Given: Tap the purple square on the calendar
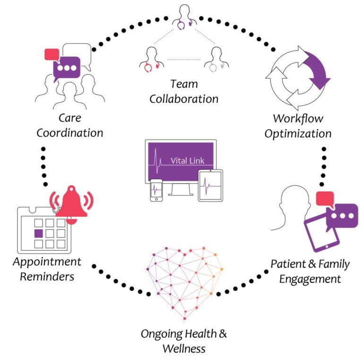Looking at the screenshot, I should coord(39,233).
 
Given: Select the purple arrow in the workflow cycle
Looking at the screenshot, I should coord(316,70).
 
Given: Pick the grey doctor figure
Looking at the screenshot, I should coord(216,60).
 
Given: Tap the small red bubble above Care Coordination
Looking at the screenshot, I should coord(51,54).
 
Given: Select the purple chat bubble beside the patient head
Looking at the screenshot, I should coord(342,216).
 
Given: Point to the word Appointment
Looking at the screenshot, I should coord(47,262).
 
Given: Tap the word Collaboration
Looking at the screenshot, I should coord(184,99).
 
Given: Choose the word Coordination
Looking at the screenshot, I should coord(70,132).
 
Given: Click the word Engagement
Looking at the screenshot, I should coord(310,279).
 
